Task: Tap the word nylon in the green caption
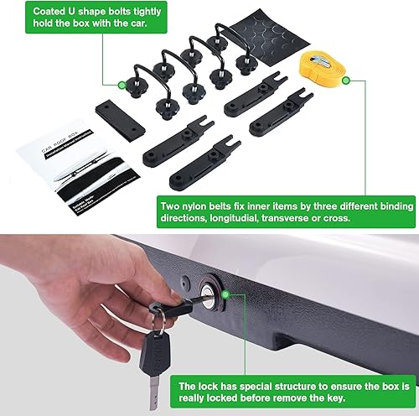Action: pyautogui.click(x=212, y=205)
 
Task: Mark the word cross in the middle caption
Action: pyautogui.click(x=388, y=221)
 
